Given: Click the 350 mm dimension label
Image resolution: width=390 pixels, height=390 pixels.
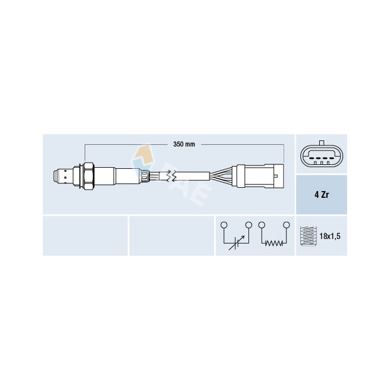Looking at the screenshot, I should click(183, 145).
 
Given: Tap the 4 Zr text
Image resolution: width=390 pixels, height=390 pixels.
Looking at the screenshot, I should click(321, 195).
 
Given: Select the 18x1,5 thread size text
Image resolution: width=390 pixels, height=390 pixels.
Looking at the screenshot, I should click(330, 236).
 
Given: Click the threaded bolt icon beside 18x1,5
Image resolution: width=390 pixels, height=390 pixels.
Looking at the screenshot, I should click(308, 236).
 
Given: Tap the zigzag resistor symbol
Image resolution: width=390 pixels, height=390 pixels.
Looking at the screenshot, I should click(273, 243).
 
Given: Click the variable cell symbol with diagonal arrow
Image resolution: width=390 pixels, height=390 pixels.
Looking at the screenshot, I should click(236, 243).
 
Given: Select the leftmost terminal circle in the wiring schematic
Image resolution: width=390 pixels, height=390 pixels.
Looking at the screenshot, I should click(224, 225).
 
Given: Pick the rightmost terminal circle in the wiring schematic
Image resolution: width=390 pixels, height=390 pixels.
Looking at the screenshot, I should click(286, 225).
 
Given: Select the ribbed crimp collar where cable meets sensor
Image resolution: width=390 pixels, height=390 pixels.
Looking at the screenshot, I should click(145, 175).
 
